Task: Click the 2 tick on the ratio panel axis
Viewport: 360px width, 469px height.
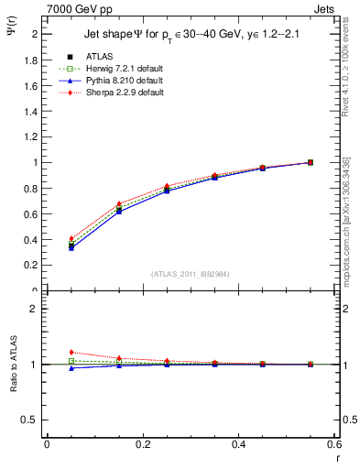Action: [37, 309]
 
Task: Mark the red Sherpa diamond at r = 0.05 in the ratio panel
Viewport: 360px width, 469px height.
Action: [71, 352]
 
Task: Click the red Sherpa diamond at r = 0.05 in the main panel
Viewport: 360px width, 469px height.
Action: [71, 238]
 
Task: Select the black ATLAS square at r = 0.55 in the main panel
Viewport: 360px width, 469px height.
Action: [311, 162]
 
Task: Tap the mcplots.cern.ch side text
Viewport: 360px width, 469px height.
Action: [348, 220]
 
